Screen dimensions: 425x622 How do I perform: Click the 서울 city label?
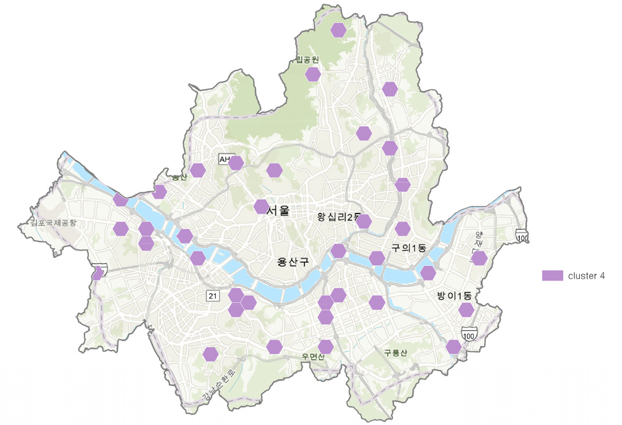278,211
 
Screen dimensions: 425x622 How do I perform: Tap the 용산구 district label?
293,262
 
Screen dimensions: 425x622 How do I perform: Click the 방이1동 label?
454,296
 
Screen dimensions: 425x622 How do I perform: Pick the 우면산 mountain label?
313,356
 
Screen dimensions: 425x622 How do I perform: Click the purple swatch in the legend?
552,276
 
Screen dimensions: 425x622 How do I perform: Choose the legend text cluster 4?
586,276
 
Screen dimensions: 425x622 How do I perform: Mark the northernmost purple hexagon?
338,30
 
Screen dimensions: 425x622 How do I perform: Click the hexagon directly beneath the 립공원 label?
313,74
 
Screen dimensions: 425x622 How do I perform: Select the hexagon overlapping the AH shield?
236,163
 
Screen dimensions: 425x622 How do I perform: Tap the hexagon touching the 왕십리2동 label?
364,222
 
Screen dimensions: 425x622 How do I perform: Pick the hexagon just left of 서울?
261,206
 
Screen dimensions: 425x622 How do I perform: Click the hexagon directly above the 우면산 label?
326,347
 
